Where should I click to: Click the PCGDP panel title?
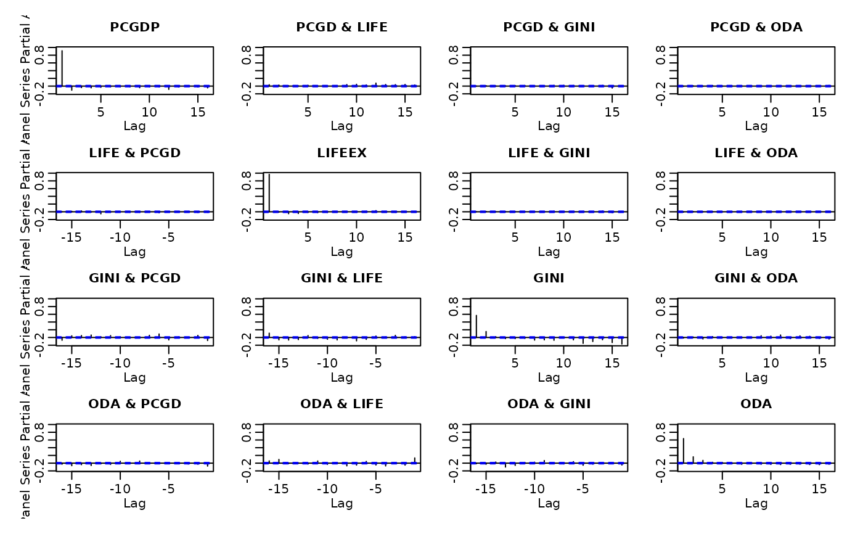pyautogui.click(x=134, y=27)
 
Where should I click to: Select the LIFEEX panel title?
pyautogui.click(x=342, y=153)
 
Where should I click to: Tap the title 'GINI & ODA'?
pyautogui.click(x=756, y=278)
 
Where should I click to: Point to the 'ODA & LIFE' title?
pyautogui.click(x=342, y=404)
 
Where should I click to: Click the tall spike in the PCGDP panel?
pyautogui.click(x=62, y=68)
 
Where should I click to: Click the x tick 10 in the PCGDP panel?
pyautogui.click(x=149, y=112)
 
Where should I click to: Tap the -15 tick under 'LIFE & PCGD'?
pyautogui.click(x=72, y=237)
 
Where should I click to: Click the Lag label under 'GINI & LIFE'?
pyautogui.click(x=342, y=377)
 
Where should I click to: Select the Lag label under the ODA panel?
pyautogui.click(x=756, y=503)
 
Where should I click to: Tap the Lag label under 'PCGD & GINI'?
pyautogui.click(x=549, y=126)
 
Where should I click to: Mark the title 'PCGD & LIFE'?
pyautogui.click(x=342, y=27)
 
